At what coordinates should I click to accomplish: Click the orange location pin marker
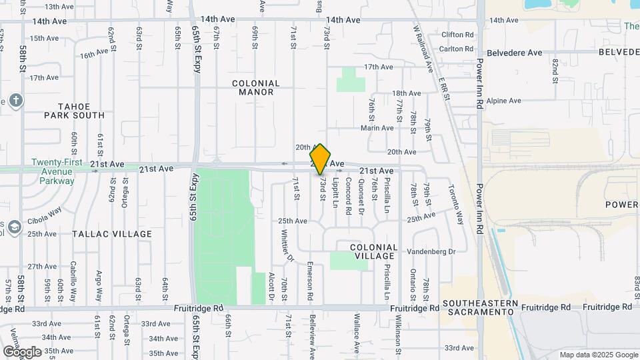click(321, 159)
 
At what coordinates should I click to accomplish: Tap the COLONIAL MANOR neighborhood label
click(256, 87)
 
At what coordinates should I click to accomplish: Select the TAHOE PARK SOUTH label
click(74, 111)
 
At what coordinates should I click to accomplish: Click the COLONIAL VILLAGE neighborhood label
click(374, 251)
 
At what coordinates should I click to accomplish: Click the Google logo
click(22, 351)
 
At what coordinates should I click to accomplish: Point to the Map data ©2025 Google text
click(598, 355)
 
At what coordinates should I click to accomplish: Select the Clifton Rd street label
click(457, 34)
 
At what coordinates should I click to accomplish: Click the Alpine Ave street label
click(503, 101)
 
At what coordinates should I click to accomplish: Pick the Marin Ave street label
click(377, 128)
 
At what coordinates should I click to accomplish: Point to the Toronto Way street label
click(455, 204)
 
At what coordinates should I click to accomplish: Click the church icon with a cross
click(16, 101)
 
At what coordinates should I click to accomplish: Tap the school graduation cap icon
click(14, 229)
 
